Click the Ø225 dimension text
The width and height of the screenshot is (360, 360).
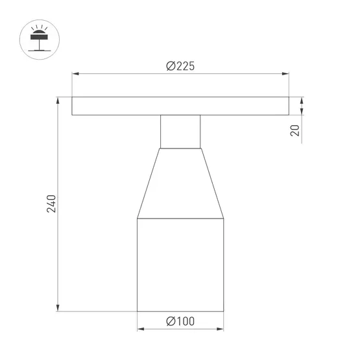(x=180, y=66)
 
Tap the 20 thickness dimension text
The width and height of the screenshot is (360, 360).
(x=295, y=130)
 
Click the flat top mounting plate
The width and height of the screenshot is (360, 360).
(x=180, y=107)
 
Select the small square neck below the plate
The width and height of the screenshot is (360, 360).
(x=180, y=132)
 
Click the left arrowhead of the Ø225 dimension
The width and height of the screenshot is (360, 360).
(x=75, y=75)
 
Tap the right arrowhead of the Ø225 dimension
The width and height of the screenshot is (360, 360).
(x=286, y=75)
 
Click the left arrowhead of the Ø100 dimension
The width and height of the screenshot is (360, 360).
(x=140, y=330)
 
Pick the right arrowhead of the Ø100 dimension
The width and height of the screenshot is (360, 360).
(x=221, y=330)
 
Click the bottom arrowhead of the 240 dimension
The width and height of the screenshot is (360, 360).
(x=60, y=307)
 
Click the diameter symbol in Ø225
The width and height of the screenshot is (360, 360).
(x=170, y=66)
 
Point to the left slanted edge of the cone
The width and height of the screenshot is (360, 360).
(x=149, y=183)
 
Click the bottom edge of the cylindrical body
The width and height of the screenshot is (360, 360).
(x=180, y=311)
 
